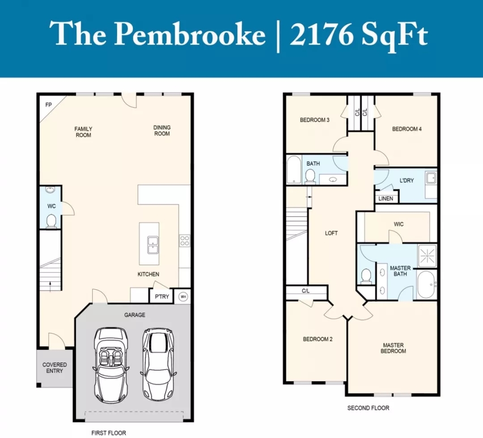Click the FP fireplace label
point(48,105)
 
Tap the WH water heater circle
point(183,297)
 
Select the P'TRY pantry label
point(162,297)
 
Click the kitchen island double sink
point(153,245)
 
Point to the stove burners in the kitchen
point(185,241)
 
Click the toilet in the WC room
point(51,221)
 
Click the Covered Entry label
point(55,368)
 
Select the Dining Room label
point(162,131)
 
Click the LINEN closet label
point(386,198)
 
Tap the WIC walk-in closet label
point(398,224)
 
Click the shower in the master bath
point(427,255)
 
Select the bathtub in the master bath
point(427,285)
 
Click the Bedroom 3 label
point(314,120)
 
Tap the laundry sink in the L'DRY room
point(431,178)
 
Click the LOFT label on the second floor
point(331,233)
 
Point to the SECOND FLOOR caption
point(368,408)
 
